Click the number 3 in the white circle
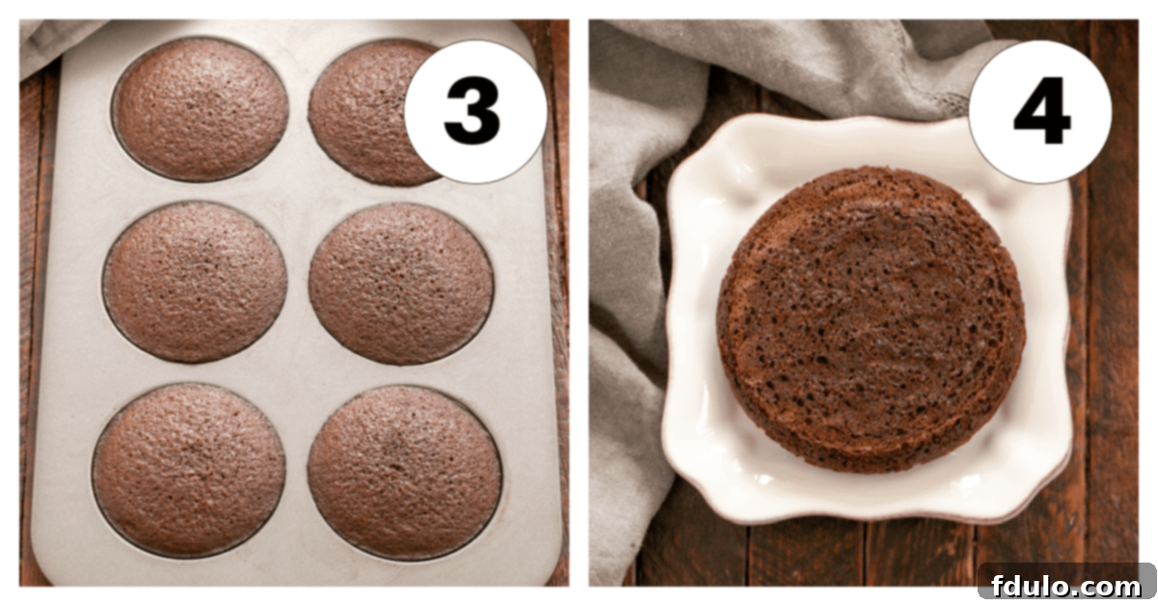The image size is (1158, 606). [472, 112]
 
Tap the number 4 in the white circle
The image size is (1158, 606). [1041, 112]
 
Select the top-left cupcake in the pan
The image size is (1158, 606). [200, 109]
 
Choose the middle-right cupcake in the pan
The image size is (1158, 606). [400, 284]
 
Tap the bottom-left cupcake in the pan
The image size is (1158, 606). [189, 467]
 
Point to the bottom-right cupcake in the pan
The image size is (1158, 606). [404, 472]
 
